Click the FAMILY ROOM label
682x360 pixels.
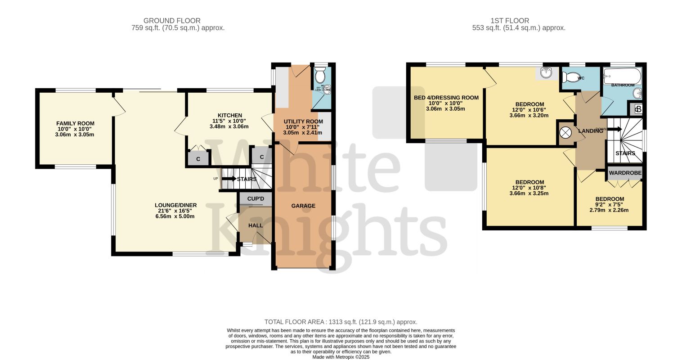click(x=75, y=123)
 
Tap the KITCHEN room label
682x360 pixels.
click(x=230, y=115)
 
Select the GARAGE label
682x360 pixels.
click(x=303, y=206)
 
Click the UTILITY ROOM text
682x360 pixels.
click(x=303, y=121)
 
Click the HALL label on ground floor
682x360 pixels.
click(x=256, y=225)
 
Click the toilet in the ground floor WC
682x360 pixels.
click(x=320, y=74)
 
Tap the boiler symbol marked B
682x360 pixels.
click(x=638, y=109)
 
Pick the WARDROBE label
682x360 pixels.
click(x=625, y=173)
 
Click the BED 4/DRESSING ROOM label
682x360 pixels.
click(x=446, y=98)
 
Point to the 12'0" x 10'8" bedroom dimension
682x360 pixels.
click(x=529, y=188)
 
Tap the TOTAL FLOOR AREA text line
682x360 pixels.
click(x=341, y=322)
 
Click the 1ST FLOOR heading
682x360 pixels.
click(x=510, y=21)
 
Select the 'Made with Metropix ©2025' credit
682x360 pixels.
click(x=341, y=357)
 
